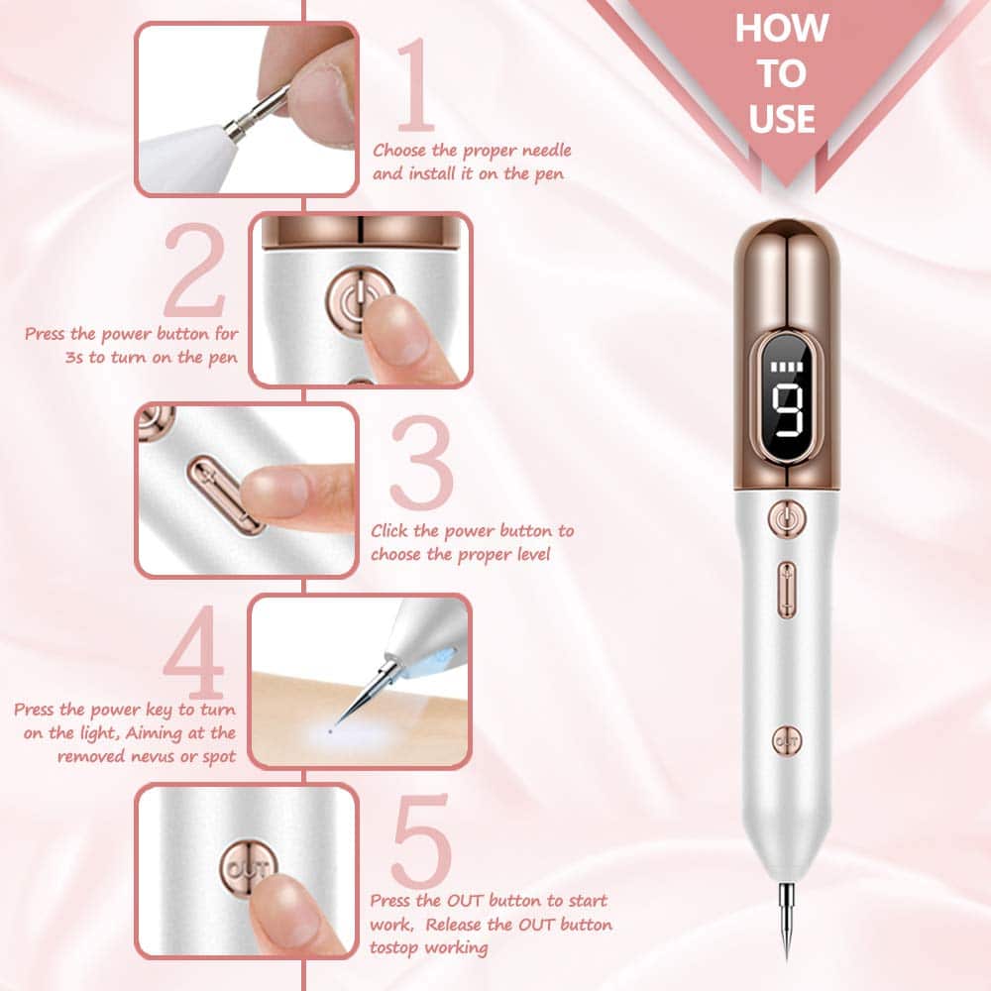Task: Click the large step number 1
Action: click(x=415, y=86)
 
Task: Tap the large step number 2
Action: click(x=196, y=270)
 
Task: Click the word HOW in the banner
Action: click(x=782, y=28)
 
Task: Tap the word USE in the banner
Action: click(x=782, y=118)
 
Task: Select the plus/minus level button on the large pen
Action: click(x=787, y=591)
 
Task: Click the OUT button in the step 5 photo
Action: click(x=248, y=868)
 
